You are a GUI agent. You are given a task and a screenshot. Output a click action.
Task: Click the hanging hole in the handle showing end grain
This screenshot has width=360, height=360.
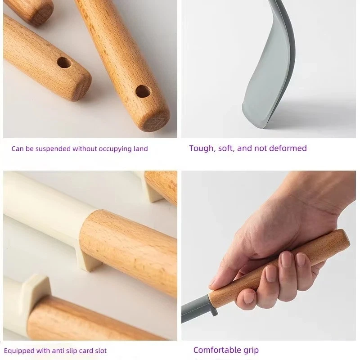(x=144, y=91)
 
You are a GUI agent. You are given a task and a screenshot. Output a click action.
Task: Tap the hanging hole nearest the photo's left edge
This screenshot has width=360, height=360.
(x=64, y=63)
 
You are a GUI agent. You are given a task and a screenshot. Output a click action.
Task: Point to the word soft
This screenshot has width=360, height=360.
(x=225, y=148)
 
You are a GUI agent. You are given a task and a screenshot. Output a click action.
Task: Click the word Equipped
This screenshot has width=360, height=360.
(x=20, y=351)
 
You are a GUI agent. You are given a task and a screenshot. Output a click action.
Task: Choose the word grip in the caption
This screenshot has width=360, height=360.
(x=251, y=350)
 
